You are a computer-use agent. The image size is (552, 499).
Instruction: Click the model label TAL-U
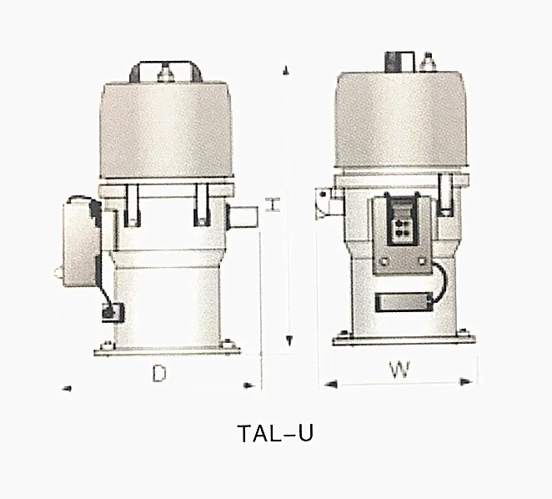tap(275, 434)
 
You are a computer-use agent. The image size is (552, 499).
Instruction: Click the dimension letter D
tap(158, 376)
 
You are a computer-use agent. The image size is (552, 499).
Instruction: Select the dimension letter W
tap(401, 370)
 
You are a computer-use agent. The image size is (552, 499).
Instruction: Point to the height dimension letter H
tap(271, 204)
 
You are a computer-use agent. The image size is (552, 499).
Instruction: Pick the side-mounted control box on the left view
tap(80, 242)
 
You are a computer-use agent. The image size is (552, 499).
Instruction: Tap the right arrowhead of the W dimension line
tap(474, 384)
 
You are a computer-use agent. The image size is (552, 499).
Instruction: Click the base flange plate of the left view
tap(168, 350)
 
